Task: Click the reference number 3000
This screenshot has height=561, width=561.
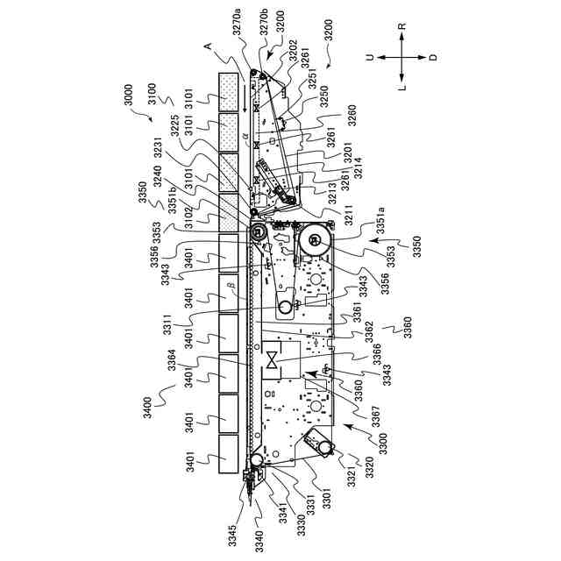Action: point(130,94)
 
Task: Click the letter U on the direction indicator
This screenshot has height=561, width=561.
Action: point(372,57)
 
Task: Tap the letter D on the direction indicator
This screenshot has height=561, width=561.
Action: point(433,57)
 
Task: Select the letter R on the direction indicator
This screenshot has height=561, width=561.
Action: point(401,27)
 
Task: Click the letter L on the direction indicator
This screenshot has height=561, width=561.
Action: point(401,88)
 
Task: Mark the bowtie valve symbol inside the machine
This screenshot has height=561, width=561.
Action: point(274,360)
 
